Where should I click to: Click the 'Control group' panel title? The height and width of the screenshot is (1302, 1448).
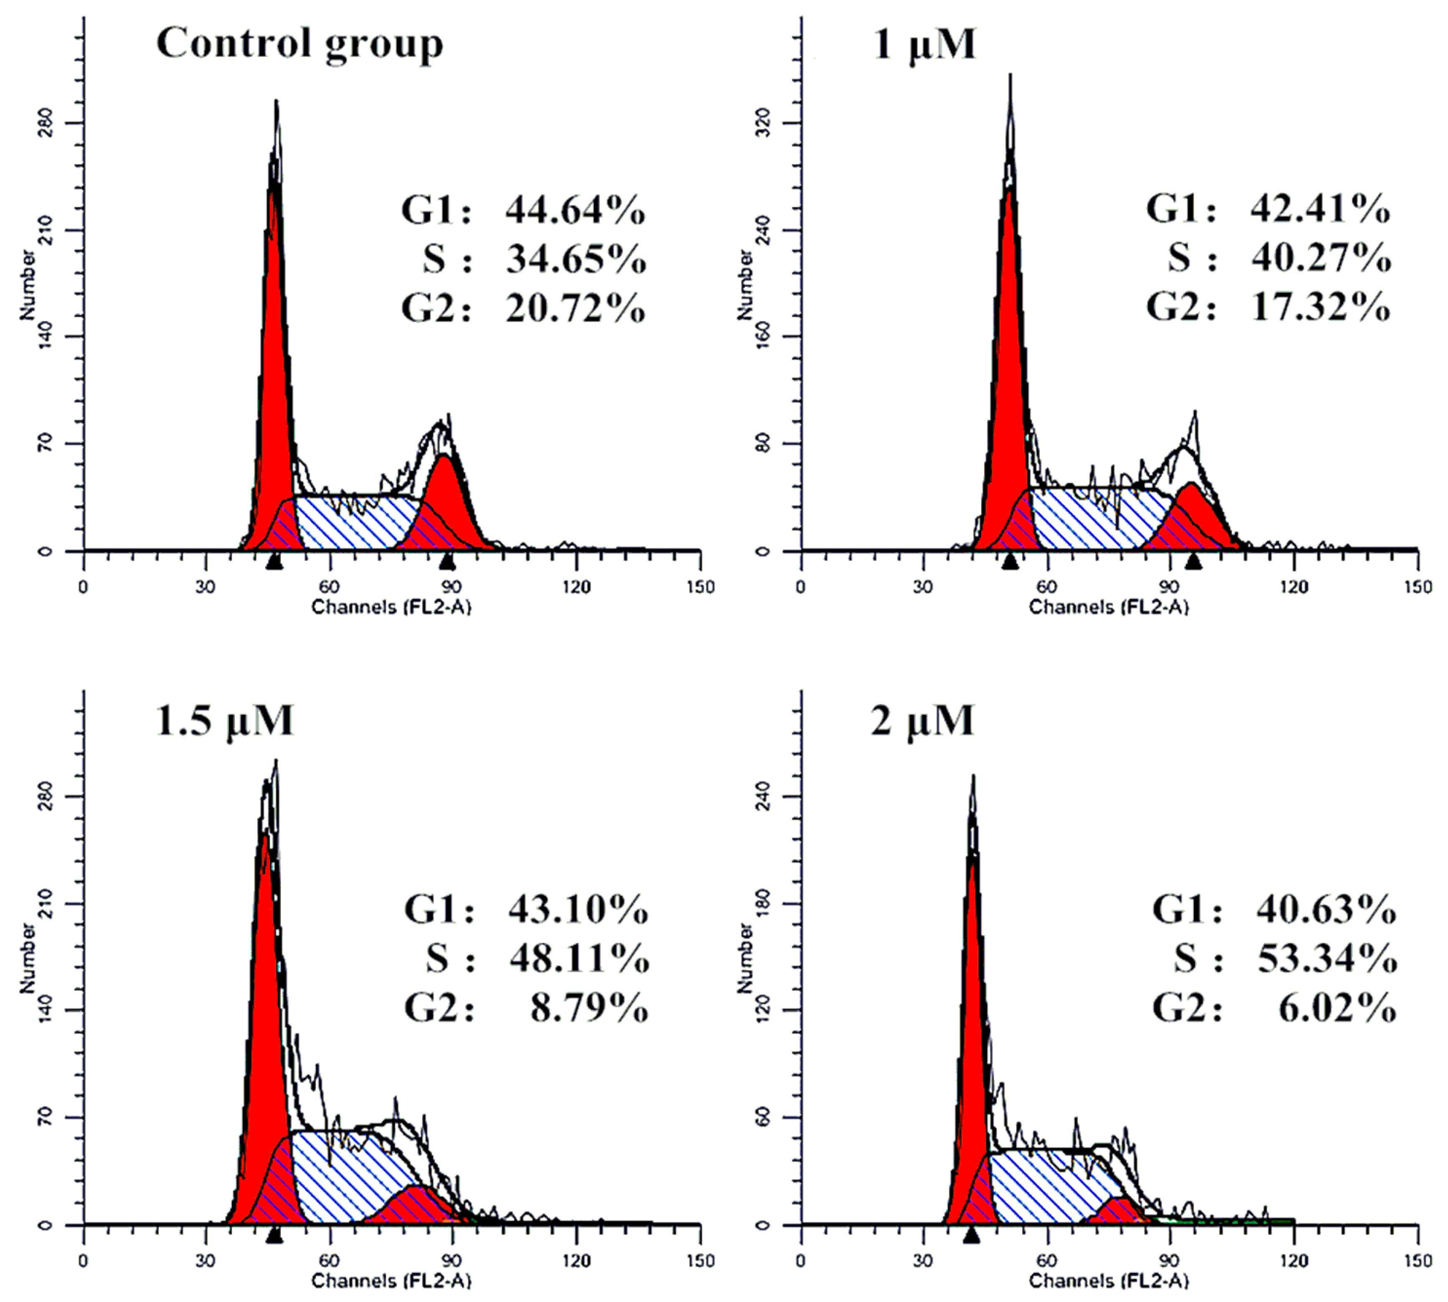pos(299,44)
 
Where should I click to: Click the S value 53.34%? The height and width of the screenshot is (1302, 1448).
pos(1326,959)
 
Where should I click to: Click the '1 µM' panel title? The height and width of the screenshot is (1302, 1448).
pos(924,44)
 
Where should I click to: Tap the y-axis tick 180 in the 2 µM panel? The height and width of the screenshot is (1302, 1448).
pos(764,903)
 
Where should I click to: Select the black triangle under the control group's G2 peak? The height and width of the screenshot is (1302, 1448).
pos(448,561)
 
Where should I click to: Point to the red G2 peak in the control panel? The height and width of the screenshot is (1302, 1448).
pos(448,494)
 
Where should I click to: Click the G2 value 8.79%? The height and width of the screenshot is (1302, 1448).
pos(589,1009)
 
